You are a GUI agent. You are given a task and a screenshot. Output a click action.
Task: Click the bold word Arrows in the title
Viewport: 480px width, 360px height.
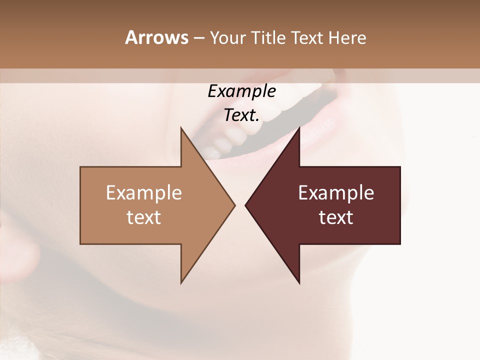point(156,37)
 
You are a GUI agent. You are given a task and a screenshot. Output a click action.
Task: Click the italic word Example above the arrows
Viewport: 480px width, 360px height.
point(241,91)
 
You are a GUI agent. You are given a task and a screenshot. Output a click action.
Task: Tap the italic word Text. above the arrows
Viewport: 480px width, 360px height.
point(241,115)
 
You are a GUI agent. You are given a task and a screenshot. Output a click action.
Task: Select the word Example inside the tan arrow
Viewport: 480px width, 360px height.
point(144,192)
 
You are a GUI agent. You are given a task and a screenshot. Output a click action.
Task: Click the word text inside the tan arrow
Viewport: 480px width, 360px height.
point(144,217)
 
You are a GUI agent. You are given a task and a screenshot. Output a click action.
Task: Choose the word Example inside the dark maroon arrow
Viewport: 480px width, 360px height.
point(336,192)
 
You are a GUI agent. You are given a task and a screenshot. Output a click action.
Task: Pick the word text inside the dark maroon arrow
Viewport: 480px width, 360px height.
point(336,217)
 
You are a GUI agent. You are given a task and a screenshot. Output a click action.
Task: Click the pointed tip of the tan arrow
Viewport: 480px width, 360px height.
point(234,205)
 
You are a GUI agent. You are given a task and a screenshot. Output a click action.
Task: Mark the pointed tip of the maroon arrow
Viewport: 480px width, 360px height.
point(246,205)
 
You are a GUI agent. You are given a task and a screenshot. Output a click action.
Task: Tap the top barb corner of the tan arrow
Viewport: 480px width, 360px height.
point(181,128)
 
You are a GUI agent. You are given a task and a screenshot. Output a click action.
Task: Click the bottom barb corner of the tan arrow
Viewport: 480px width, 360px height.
point(181,282)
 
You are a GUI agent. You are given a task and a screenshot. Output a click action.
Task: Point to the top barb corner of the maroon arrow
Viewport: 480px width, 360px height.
point(299,128)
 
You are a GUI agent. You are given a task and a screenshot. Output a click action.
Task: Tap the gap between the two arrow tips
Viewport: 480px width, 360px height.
point(240,205)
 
